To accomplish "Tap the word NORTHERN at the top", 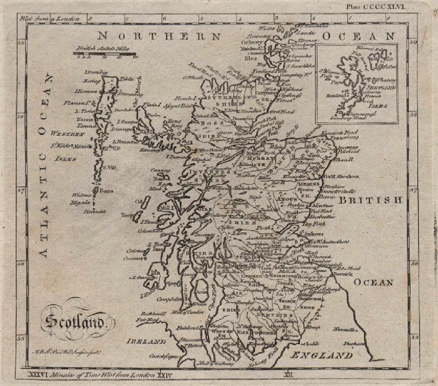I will [x=159, y=36].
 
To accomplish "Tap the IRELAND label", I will [x=147, y=342].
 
